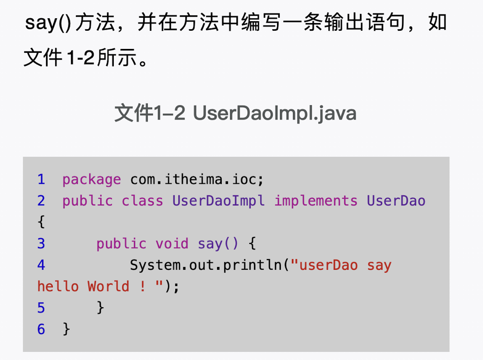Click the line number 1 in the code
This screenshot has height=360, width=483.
pos(41,180)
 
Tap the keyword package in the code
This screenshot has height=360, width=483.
pos(92,180)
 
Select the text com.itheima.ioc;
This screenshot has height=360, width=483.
pos(197,180)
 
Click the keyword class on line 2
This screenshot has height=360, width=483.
pos(143,201)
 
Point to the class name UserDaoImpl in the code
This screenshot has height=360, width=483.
pos(218,201)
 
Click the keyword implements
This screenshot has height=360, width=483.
pos(316,201)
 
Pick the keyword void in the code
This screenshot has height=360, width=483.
pos(172,243)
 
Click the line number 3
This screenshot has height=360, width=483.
pos(41,243)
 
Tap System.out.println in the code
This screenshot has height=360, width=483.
pos(206,265)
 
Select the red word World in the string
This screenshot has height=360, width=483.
pos(109,286)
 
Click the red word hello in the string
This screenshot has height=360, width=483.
pos(58,286)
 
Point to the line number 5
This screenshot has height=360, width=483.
pos(41,308)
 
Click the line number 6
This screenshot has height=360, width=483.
pos(41,329)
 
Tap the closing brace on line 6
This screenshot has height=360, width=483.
pos(66,329)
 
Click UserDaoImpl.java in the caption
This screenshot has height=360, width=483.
pos(275,113)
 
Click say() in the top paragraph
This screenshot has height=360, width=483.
pos(48,23)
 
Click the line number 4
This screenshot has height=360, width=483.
pos(41,265)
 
